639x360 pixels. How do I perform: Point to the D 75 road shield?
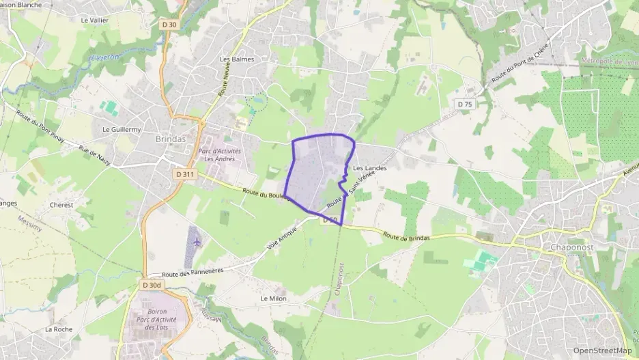[x=465, y=104]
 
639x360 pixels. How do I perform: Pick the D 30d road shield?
[x=152, y=285]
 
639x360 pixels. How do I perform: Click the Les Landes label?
[x=370, y=168]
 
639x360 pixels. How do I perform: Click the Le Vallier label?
[x=95, y=20]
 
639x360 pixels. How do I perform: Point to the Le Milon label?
[x=274, y=299]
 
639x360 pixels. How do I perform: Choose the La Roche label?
[x=59, y=329]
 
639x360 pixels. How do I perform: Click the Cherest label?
[x=61, y=204]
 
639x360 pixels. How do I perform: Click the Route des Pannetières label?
[x=174, y=273]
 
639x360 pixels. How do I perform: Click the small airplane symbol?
[x=197, y=241]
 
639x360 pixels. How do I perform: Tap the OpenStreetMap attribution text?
[x=603, y=350]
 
